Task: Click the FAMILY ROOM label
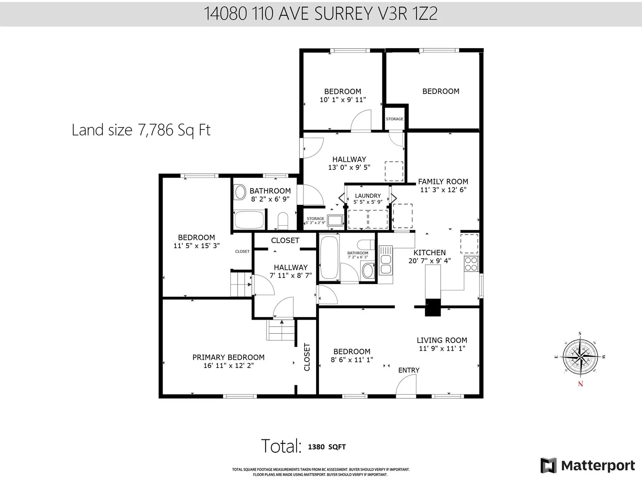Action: click(x=443, y=182)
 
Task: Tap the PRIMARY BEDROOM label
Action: click(x=228, y=357)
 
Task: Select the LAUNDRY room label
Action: click(x=368, y=196)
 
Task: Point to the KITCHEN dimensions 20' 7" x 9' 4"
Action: click(x=429, y=260)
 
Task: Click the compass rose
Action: click(x=580, y=357)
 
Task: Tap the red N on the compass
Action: click(x=581, y=384)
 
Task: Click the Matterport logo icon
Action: click(x=548, y=465)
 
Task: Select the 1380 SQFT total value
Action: click(x=327, y=447)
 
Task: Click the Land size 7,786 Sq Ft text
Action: click(x=141, y=130)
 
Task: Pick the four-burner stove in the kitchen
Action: click(x=471, y=263)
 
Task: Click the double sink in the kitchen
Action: click(x=386, y=264)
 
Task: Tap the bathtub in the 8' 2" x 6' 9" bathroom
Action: click(x=249, y=219)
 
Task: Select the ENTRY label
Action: click(x=408, y=370)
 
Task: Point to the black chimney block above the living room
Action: click(x=433, y=307)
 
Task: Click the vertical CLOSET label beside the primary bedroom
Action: click(x=307, y=357)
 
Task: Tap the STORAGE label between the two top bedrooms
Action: click(x=394, y=119)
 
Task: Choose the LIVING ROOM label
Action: click(x=442, y=340)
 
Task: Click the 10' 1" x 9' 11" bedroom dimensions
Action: click(x=343, y=100)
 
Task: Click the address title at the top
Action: click(x=321, y=14)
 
